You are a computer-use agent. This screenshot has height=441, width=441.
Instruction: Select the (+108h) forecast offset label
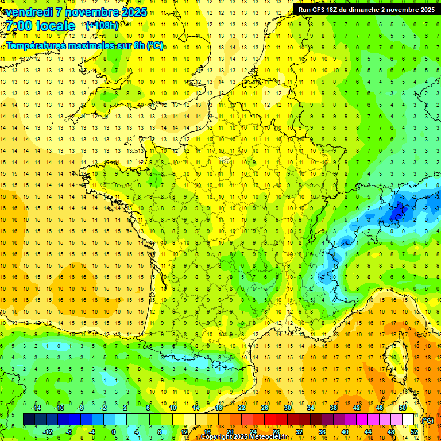point(102,26)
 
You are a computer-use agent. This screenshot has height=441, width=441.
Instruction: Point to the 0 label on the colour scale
point(114,432)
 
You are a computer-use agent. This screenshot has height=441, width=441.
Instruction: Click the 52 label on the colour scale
point(414,432)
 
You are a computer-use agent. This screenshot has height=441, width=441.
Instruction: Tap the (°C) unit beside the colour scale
point(428,420)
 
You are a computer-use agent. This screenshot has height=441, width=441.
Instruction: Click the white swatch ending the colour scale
point(408,420)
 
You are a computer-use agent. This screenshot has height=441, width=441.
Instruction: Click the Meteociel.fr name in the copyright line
point(272,437)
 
